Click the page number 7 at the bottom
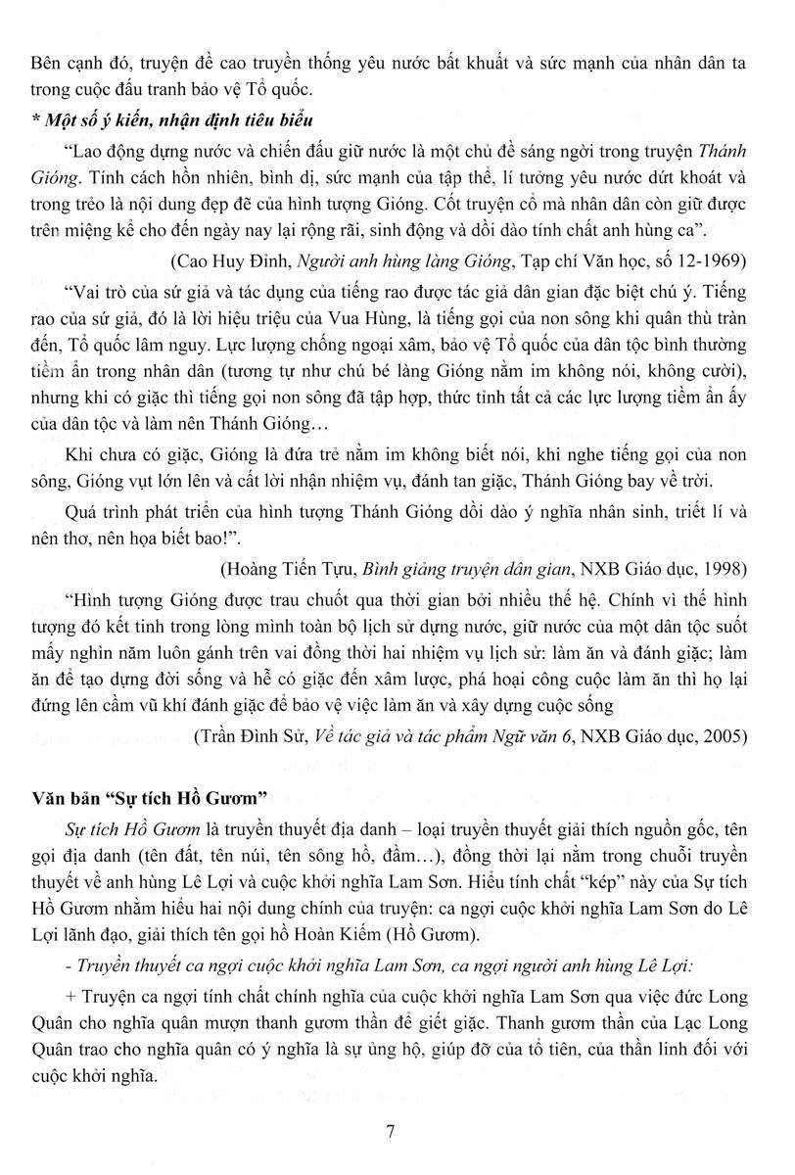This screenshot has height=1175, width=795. click(391, 1133)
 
